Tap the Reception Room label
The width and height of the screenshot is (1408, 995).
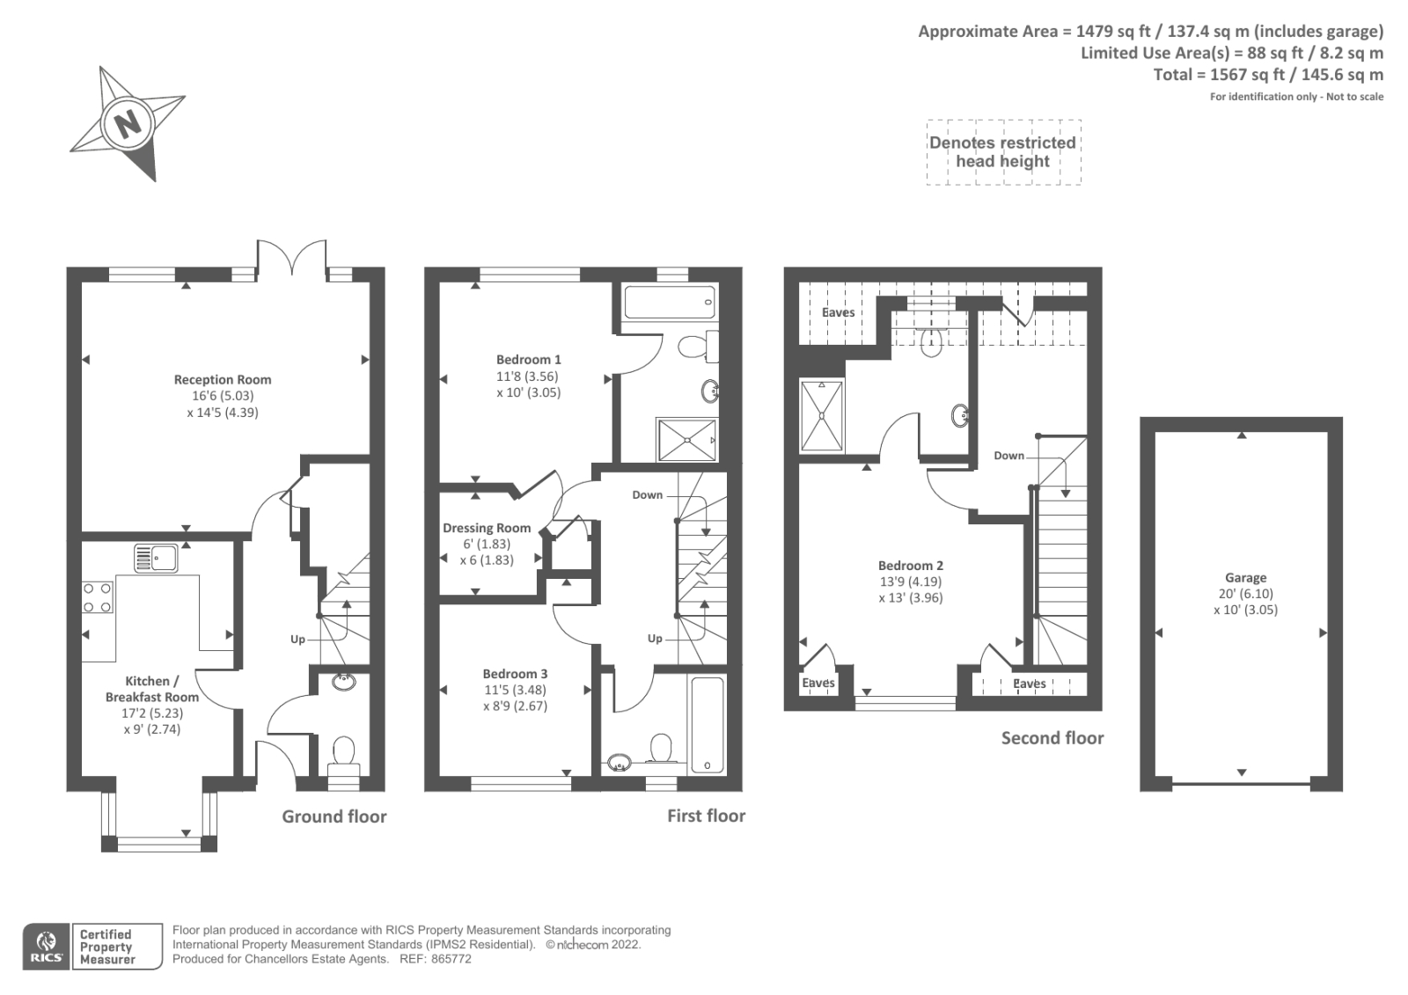tap(222, 380)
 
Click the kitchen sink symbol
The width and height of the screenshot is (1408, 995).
tap(156, 558)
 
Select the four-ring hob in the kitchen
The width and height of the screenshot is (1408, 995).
tap(97, 597)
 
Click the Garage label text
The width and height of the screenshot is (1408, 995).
tap(1245, 578)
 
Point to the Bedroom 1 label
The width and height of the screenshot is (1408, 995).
tap(528, 360)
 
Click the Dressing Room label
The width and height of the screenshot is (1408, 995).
tap(487, 528)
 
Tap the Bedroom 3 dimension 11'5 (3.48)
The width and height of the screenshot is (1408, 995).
tap(515, 690)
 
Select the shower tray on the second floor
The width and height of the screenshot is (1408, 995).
tap(822, 416)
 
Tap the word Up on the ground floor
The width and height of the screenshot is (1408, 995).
tap(297, 640)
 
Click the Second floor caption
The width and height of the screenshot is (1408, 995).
tap(1052, 738)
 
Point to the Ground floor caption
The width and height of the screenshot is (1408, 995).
tap(334, 816)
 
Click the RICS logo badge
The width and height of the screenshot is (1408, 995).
tap(45, 947)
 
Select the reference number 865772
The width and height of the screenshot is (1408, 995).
tap(451, 959)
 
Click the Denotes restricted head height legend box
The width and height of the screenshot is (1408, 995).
tap(1002, 152)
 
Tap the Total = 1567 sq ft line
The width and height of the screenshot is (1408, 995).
tap(1267, 75)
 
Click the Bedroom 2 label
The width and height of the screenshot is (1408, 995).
tap(910, 566)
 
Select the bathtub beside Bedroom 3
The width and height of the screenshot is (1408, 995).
tap(707, 725)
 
